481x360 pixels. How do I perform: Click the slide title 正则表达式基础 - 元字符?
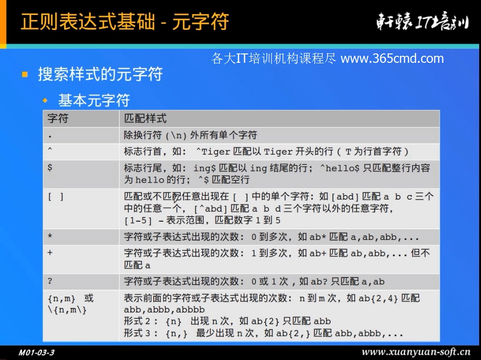click(x=125, y=22)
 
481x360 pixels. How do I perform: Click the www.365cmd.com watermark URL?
click(x=392, y=59)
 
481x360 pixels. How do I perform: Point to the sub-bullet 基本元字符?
click(x=94, y=100)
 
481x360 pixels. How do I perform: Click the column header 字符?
click(x=58, y=118)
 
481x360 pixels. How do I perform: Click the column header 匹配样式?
click(x=145, y=118)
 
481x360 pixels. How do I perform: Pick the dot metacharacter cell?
click(x=50, y=136)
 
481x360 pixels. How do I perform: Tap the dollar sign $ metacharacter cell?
click(x=50, y=167)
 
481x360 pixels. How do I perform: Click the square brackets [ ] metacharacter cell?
click(x=56, y=196)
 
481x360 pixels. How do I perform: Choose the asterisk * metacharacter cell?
click(x=50, y=236)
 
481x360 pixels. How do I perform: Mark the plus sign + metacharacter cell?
click(x=50, y=253)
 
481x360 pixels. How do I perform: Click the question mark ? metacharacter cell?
click(x=50, y=281)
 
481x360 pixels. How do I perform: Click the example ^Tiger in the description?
click(x=213, y=151)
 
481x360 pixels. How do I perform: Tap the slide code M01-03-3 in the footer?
click(x=37, y=352)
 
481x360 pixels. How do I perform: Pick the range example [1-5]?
click(x=138, y=220)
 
